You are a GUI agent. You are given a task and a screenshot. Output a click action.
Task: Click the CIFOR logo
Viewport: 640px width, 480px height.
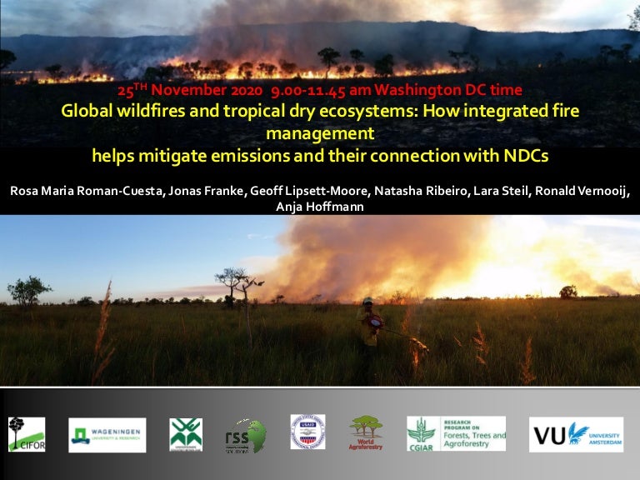[27, 434]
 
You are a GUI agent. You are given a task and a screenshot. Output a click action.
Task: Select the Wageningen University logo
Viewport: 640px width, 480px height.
[107, 434]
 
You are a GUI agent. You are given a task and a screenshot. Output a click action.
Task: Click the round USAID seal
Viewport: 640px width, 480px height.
[307, 432]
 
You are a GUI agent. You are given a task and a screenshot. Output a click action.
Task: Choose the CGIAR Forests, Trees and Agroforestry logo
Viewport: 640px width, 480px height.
[456, 434]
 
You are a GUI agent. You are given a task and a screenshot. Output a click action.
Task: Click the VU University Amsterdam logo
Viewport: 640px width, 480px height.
[575, 434]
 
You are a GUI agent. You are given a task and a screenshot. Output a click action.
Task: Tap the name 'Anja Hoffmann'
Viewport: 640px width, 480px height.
[319, 206]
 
